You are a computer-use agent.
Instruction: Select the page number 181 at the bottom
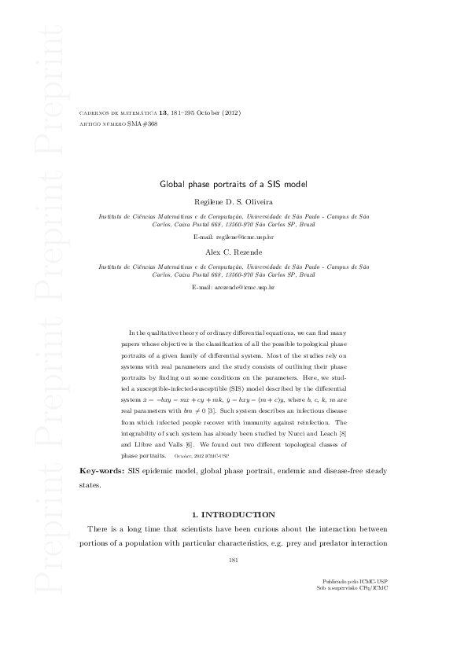point(233,560)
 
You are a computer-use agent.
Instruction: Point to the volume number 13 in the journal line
point(162,113)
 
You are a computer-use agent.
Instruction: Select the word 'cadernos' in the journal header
point(98,113)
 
